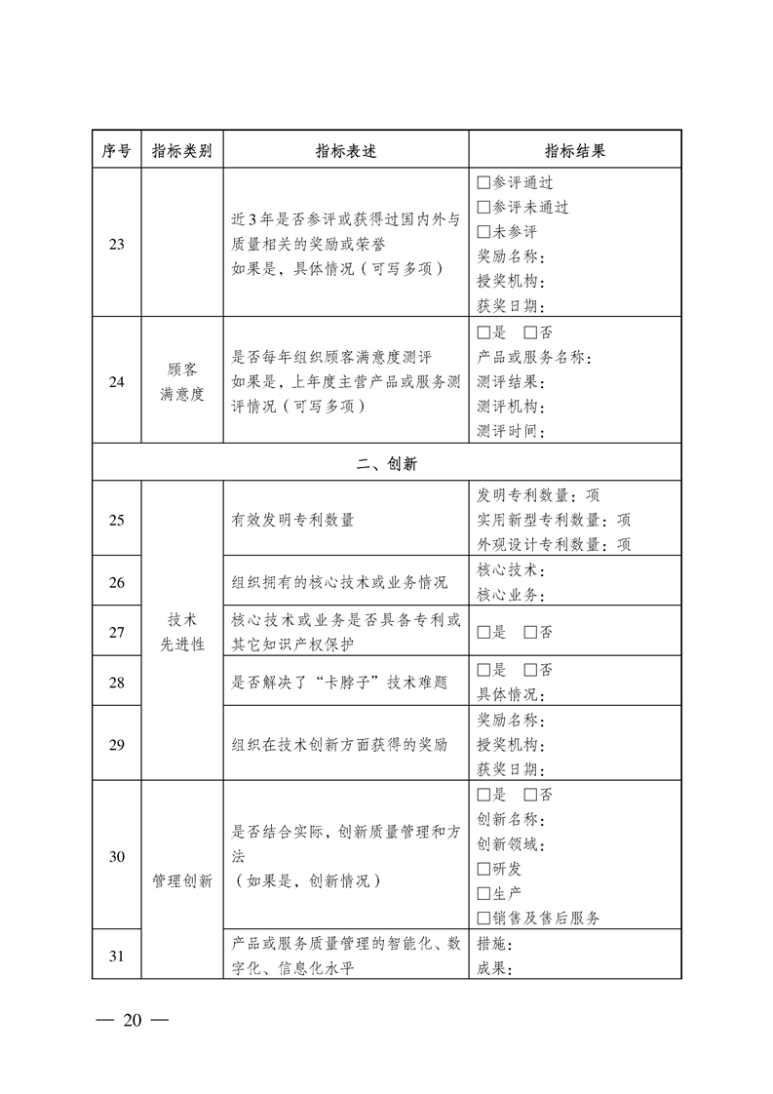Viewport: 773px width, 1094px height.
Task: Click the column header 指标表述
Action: point(346,151)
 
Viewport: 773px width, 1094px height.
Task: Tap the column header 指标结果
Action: point(574,151)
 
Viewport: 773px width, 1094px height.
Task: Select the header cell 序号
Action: point(116,151)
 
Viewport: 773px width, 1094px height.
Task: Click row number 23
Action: point(116,245)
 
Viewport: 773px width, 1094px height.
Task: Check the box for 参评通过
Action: point(483,182)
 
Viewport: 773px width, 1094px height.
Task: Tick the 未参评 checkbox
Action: point(483,232)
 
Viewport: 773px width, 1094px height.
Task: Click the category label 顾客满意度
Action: point(182,382)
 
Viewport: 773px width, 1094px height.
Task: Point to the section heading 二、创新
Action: point(386,464)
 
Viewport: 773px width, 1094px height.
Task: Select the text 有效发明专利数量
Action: point(292,520)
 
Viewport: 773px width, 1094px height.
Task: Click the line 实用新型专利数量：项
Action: point(554,520)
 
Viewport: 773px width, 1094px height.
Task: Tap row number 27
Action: point(116,632)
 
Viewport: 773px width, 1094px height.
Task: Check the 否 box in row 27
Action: point(530,632)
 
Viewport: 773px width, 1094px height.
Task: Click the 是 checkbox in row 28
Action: point(483,670)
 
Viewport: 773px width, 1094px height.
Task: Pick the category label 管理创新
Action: point(182,881)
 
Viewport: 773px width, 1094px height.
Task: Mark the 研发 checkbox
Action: point(483,868)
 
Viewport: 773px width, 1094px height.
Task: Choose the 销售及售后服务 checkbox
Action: point(483,918)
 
